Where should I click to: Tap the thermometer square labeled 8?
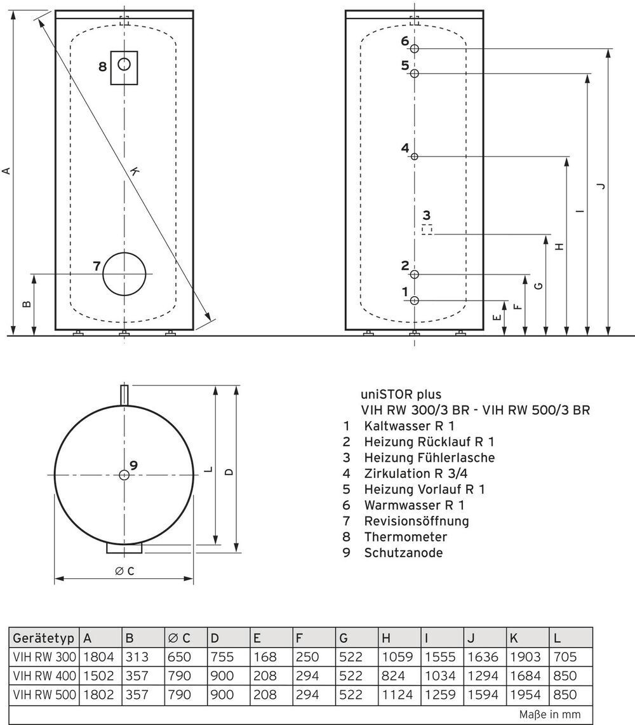[124, 67]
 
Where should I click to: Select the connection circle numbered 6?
[415, 49]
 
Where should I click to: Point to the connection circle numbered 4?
[415, 156]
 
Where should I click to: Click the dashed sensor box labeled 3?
[427, 229]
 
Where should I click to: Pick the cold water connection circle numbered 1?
[415, 300]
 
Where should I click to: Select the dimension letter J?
[600, 185]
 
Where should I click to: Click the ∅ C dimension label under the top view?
[124, 571]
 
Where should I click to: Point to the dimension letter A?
[6, 170]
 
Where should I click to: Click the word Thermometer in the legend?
[405, 537]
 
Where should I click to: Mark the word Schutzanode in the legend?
[403, 553]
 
